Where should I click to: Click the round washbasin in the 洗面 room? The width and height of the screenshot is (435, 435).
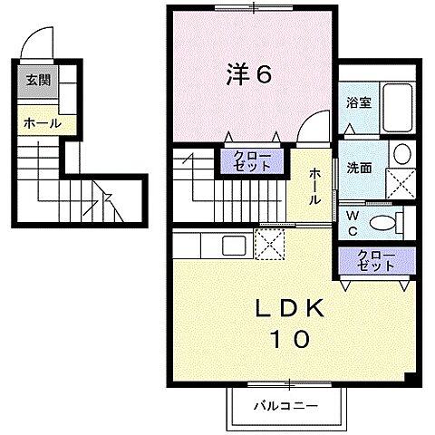pos(401,152)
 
